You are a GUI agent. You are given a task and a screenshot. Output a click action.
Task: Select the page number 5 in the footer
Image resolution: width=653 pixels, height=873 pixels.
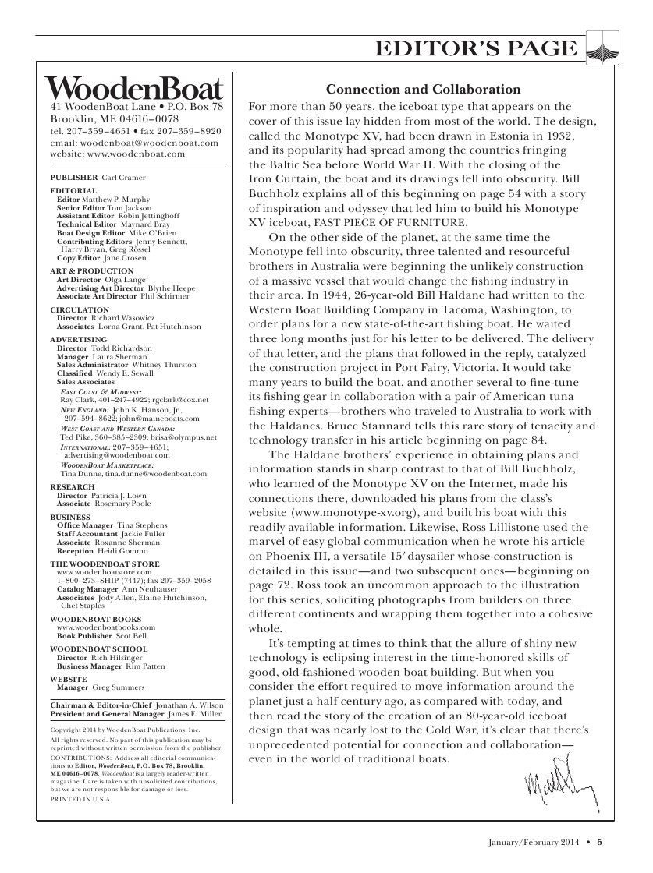pyautogui.click(x=600, y=841)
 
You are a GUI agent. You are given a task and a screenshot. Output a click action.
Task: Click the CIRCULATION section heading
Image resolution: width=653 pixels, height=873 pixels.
pyautogui.click(x=74, y=309)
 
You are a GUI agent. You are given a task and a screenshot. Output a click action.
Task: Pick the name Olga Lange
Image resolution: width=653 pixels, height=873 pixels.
pyautogui.click(x=116, y=280)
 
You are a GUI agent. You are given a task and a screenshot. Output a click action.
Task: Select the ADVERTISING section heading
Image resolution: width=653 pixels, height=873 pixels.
pyautogui.click(x=78, y=340)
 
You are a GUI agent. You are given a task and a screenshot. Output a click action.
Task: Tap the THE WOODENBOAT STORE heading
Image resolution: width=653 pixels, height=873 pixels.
pyautogui.click(x=105, y=563)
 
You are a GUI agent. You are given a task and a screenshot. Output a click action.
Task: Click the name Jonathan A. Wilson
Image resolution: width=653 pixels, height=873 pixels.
pyautogui.click(x=189, y=704)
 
